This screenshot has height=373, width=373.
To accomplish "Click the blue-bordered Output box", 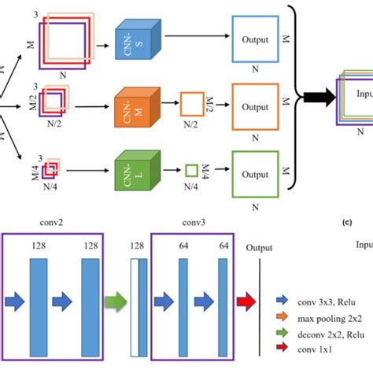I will pyautogui.click(x=254, y=40).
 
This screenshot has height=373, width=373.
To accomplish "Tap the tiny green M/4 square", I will pyautogui.click(x=191, y=168).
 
